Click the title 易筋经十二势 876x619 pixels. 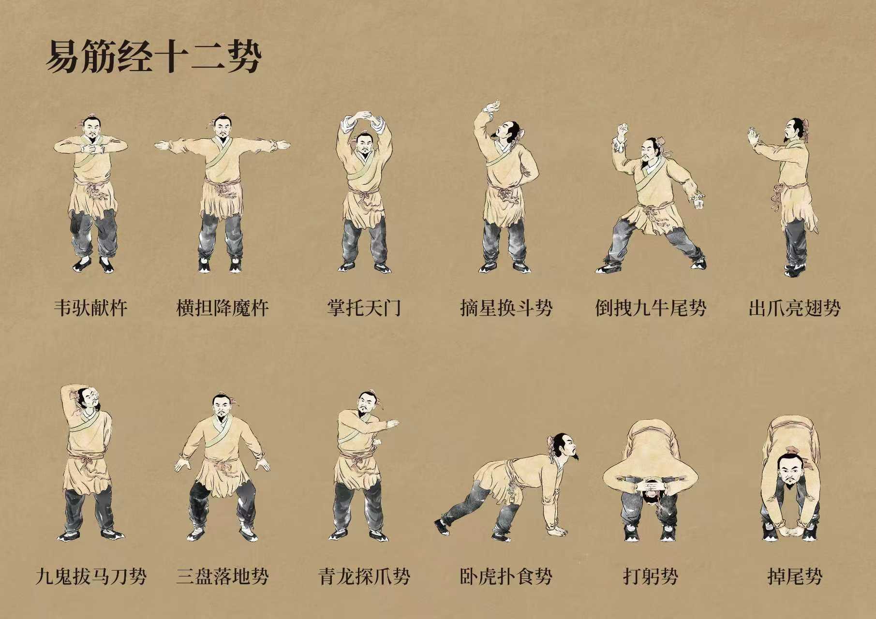pyautogui.click(x=154, y=57)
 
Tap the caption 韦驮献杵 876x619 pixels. pyautogui.click(x=91, y=308)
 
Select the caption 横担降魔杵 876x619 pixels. pyautogui.click(x=223, y=308)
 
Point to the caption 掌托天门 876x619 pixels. pyautogui.click(x=364, y=308)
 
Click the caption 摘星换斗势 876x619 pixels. pyautogui.click(x=506, y=308)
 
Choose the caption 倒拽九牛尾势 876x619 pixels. pyautogui.click(x=651, y=308)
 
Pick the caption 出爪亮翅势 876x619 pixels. pyautogui.click(x=795, y=308)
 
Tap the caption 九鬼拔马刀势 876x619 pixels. pyautogui.click(x=91, y=576)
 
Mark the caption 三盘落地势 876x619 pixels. pyautogui.click(x=223, y=576)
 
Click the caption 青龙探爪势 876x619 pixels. pyautogui.click(x=364, y=576)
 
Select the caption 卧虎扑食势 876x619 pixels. pyautogui.click(x=506, y=576)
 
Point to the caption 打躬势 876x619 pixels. pyautogui.click(x=651, y=576)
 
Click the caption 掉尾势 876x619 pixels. pyautogui.click(x=795, y=576)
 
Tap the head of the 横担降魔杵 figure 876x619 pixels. pyautogui.click(x=222, y=128)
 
